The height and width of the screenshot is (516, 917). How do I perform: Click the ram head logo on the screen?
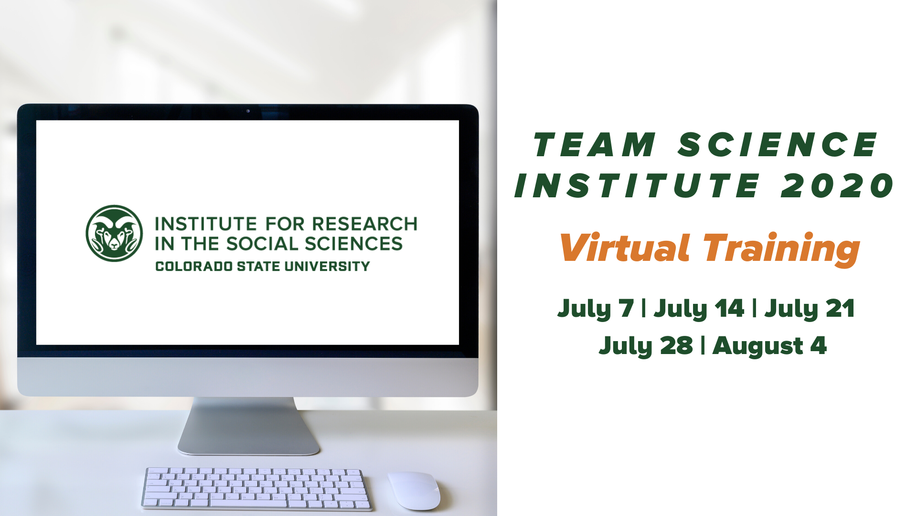click(x=114, y=233)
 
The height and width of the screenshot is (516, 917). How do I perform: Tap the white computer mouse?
click(x=414, y=491)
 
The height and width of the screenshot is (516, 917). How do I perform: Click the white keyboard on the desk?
click(x=256, y=488)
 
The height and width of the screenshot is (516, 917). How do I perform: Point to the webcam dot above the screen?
click(x=248, y=111)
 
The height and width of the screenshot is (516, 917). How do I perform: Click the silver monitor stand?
click(x=248, y=426)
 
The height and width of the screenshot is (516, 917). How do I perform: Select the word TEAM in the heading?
click(x=595, y=144)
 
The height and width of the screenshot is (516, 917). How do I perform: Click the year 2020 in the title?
click(x=837, y=185)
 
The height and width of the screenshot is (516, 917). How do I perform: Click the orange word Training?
click(x=781, y=249)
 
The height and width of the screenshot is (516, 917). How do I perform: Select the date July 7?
click(x=596, y=309)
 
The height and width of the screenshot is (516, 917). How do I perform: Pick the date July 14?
click(x=699, y=309)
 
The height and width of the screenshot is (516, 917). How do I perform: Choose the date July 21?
click(x=810, y=309)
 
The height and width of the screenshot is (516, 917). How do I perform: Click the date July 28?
click(x=646, y=346)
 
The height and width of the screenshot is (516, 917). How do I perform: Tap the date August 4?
click(x=769, y=346)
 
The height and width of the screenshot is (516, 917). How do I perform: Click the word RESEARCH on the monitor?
click(x=365, y=224)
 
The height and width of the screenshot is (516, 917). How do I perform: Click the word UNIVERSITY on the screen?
click(x=327, y=266)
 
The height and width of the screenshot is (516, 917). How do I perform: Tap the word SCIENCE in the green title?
click(x=778, y=144)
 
